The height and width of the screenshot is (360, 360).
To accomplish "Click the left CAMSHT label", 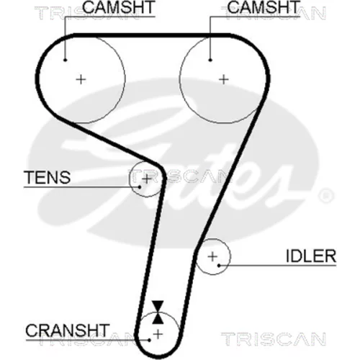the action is coord(119,7).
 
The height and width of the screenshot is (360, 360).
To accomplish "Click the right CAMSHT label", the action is coord(264,7).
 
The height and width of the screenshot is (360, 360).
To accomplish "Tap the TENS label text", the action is coord(47,177).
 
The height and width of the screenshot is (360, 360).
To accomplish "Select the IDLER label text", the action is coord(311,256).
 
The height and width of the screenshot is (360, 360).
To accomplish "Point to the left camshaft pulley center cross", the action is coord(81,79).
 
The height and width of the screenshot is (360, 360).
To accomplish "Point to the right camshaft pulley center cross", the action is coord(224,79).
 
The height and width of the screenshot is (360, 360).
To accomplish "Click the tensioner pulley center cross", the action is coord(147,179).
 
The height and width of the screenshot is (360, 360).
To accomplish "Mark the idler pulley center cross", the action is coord(212,256).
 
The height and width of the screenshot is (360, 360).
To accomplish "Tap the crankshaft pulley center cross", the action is coord(158,334).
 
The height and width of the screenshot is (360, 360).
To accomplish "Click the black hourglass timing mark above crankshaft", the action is coord(158,312).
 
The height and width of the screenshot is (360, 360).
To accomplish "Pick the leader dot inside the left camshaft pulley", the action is coord(65,60).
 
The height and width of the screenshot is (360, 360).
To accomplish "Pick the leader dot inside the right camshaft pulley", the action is coord(210,60).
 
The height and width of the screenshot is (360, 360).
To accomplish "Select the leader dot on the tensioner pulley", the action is coord(139,186).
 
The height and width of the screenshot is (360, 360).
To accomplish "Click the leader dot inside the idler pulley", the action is coord(219,266).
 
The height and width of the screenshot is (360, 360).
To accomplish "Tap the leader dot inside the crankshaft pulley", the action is coord(150,340).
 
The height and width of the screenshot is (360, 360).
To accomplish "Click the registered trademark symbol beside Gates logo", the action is coord(326,195).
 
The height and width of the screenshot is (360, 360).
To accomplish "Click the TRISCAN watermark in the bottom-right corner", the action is coord(274,339).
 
